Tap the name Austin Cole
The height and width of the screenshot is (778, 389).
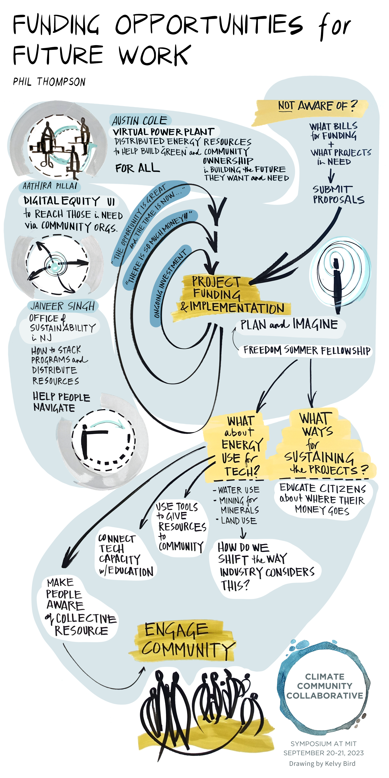[139, 121]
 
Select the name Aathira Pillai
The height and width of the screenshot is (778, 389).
[50, 186]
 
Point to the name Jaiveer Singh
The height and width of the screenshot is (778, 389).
[63, 306]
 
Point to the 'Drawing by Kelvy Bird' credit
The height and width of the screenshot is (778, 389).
[322, 764]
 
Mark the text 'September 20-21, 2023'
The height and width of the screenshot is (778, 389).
[323, 753]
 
